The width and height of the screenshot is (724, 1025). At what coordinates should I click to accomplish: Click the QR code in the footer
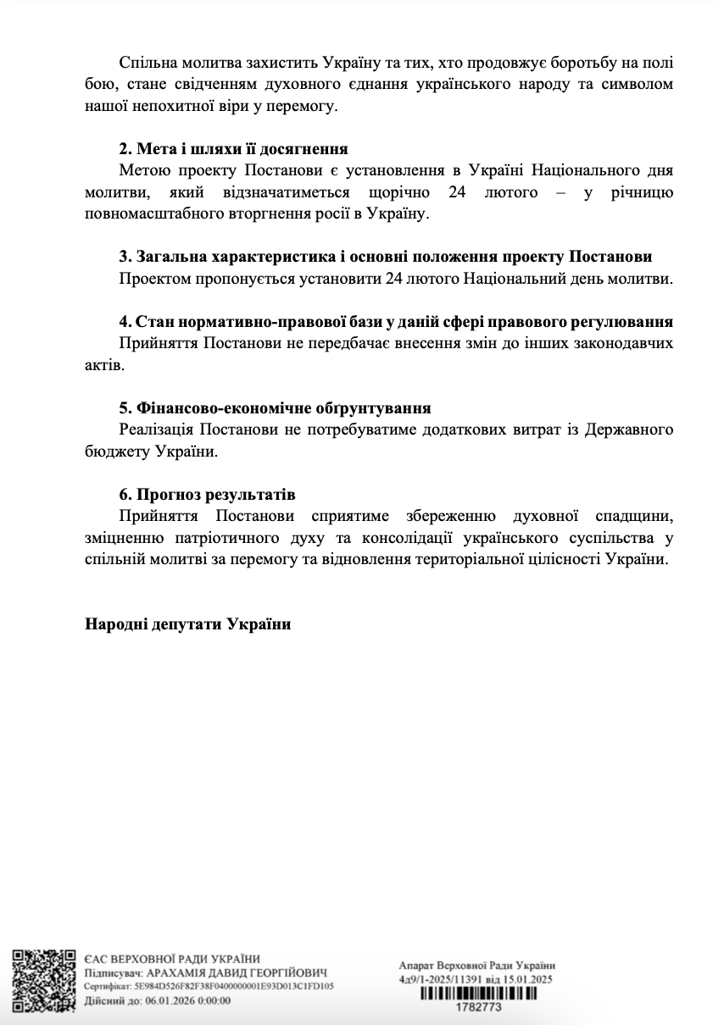point(46,977)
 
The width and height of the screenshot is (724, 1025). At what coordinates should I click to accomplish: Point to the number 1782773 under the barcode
point(479,1008)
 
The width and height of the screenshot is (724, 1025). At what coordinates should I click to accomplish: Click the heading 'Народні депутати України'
point(187,625)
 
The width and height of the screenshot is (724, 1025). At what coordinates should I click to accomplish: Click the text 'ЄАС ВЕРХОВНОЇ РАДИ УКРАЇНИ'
point(173,959)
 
